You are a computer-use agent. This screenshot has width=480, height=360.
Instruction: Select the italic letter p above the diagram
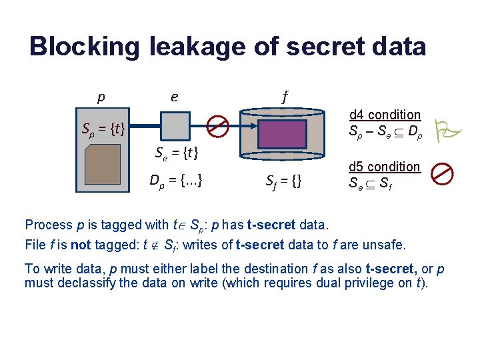point(101,97)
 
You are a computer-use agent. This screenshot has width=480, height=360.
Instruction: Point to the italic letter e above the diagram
point(174,97)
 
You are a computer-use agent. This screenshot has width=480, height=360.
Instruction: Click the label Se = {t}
point(177,154)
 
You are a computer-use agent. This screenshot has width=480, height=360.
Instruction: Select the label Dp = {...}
point(177,179)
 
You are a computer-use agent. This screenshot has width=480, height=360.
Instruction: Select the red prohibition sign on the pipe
point(217,125)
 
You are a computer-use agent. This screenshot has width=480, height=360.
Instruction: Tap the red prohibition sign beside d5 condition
point(441,174)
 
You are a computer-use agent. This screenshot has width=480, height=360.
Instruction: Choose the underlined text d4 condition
point(385,115)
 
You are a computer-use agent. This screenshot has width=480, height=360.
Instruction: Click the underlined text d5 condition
point(385,166)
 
